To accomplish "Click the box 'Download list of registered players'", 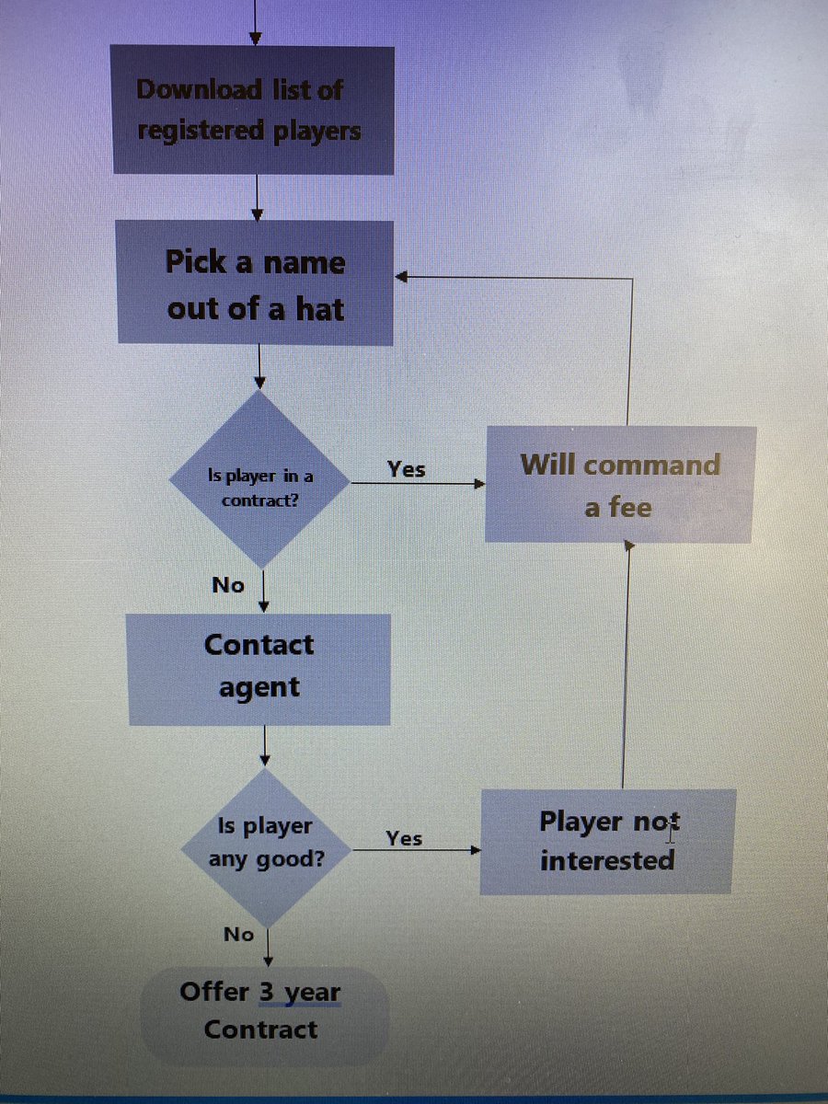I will (x=253, y=109).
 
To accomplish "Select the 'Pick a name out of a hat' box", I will (x=256, y=284).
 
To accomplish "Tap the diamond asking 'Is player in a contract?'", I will (x=259, y=479).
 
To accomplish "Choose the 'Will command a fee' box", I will (x=619, y=485).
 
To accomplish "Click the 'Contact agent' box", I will (x=259, y=666).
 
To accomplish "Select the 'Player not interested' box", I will (x=606, y=841).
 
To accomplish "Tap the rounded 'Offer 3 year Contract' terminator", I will (x=262, y=1011).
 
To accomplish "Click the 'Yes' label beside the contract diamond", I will (x=406, y=469).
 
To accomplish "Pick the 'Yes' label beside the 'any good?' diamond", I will (x=404, y=838).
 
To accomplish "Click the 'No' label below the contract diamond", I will (x=228, y=584).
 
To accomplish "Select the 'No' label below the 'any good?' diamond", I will (x=238, y=934).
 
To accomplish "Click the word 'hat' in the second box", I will (x=318, y=309).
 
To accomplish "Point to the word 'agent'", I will (x=259, y=687).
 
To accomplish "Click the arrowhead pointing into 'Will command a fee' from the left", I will (x=479, y=482).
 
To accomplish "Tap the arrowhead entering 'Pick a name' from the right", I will (x=401, y=276).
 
